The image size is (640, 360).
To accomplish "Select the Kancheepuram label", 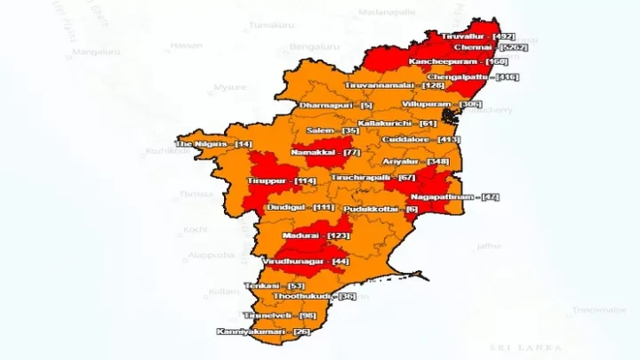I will pyautogui.click(x=458, y=61).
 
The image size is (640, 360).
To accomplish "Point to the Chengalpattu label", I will pyautogui.click(x=473, y=77).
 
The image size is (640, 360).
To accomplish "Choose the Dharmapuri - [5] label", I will pyautogui.click(x=336, y=106).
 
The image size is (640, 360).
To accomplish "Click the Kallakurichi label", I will pyautogui.click(x=397, y=123).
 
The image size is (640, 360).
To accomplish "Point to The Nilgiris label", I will pyautogui.click(x=214, y=144).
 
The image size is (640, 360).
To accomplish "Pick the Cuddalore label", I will pyautogui.click(x=420, y=140).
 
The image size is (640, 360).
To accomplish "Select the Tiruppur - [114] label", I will pyautogui.click(x=282, y=181).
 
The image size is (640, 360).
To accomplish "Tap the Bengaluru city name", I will pyautogui.click(x=315, y=46).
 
